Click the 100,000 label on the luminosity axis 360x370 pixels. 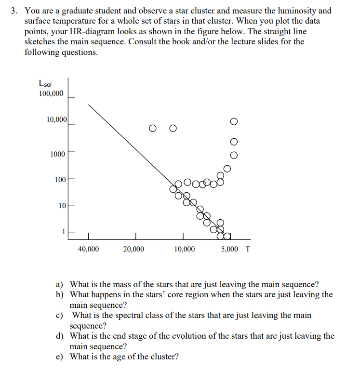tap(51, 93)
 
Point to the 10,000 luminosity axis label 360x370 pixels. tap(56, 119)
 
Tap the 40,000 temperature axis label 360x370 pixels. tap(88, 249)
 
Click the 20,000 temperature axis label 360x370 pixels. tap(133, 249)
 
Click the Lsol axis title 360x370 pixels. tap(46, 83)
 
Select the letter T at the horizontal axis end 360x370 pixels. tap(248, 249)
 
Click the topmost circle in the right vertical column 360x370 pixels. tap(234, 121)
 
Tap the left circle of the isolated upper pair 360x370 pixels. tap(152, 128)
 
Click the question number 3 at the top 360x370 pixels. tap(15, 11)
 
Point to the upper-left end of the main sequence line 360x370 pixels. tap(88, 105)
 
